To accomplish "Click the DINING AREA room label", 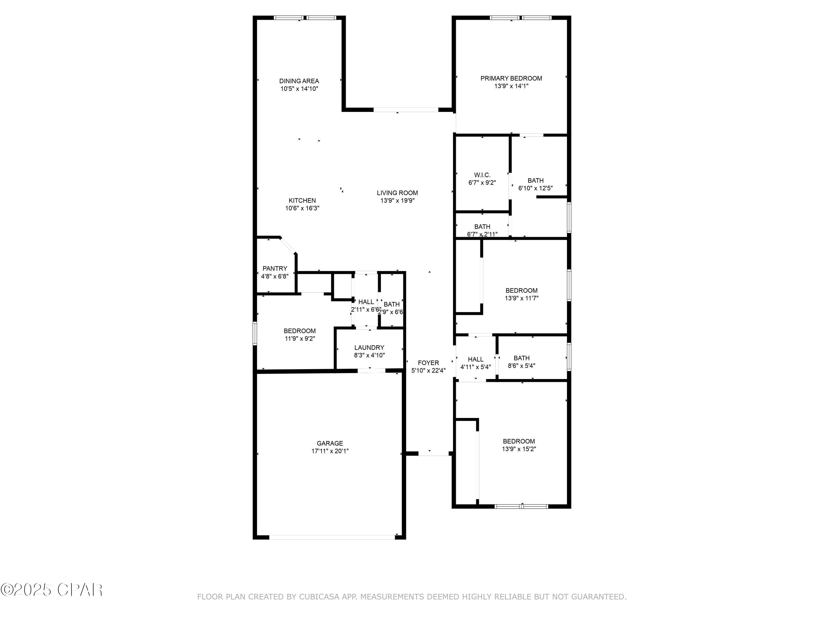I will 299,81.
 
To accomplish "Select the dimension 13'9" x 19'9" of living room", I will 397,201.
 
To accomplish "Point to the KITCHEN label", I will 302,201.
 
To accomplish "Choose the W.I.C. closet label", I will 482,175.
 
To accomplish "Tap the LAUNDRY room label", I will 369,347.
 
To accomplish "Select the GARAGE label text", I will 330,443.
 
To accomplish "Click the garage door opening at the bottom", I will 332,537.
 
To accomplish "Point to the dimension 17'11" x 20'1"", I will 330,451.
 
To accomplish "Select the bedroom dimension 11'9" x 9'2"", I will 299,339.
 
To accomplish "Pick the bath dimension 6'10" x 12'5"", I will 535,188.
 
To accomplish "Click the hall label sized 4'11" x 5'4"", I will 475,360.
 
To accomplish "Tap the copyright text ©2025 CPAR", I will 51,590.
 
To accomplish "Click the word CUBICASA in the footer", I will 319,597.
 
